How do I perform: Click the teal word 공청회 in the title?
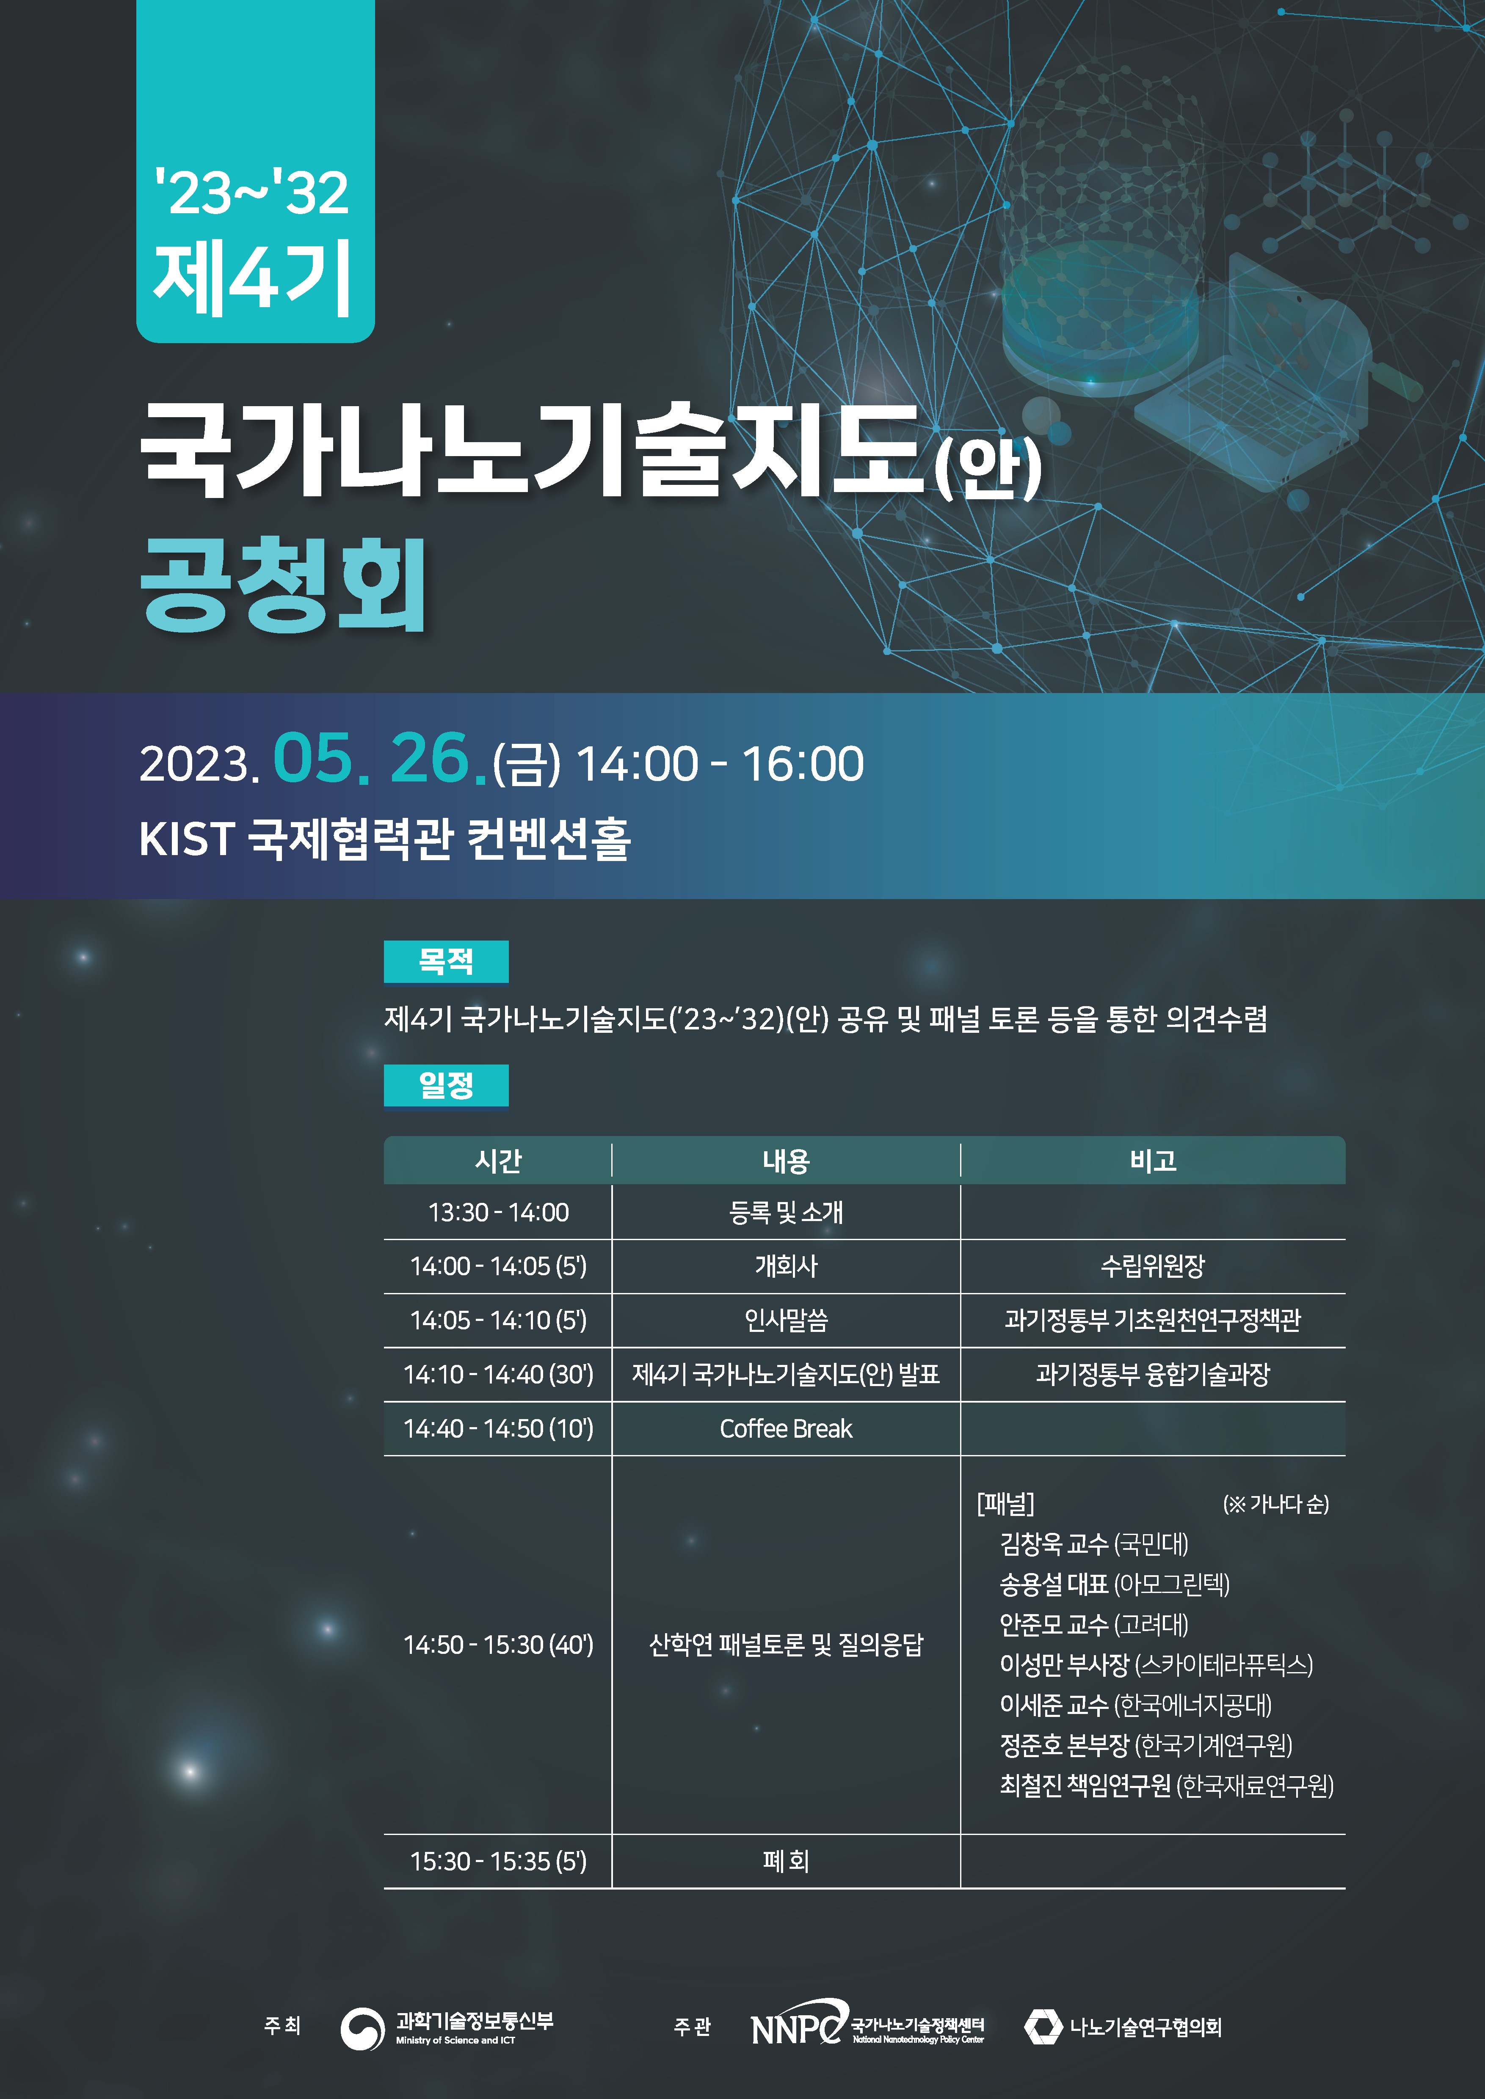click(x=284, y=585)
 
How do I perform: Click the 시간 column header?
click(x=498, y=1161)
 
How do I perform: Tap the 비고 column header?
click(x=1153, y=1161)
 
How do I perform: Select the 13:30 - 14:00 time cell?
click(x=498, y=1212)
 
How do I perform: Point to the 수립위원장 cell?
click(x=1153, y=1266)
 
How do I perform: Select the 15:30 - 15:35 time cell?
click(x=498, y=1861)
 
